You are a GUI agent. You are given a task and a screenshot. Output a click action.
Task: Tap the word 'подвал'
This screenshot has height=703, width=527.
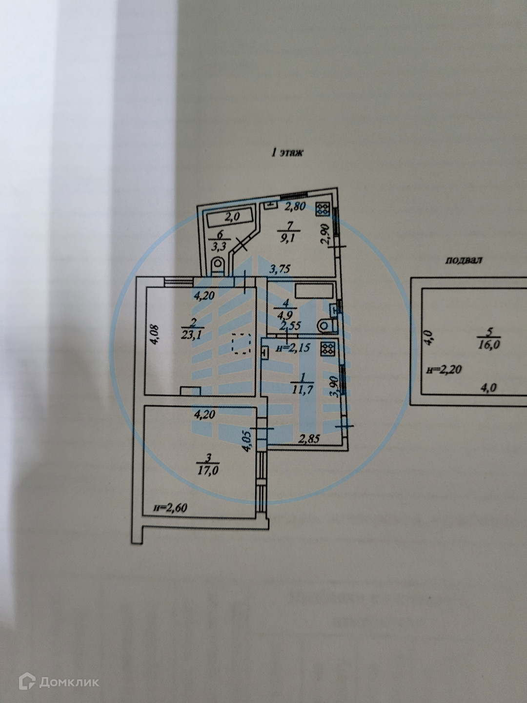pyautogui.click(x=463, y=260)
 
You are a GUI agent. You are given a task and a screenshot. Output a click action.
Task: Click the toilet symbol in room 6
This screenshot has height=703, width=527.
pyautogui.click(x=217, y=264)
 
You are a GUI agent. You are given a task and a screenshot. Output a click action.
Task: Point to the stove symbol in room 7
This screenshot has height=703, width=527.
pyautogui.click(x=323, y=209)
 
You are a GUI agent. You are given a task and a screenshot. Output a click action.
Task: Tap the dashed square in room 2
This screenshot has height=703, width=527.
pyautogui.click(x=242, y=343)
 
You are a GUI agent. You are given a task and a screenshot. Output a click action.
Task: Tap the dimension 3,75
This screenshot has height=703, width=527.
pyautogui.click(x=283, y=268)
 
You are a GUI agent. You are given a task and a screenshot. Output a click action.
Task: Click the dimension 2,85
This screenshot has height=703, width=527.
pyautogui.click(x=309, y=438)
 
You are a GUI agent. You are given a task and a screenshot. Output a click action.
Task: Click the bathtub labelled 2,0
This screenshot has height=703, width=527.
pyautogui.click(x=231, y=217)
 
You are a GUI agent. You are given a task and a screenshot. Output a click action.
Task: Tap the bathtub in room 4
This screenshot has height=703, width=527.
pyautogui.click(x=314, y=291)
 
